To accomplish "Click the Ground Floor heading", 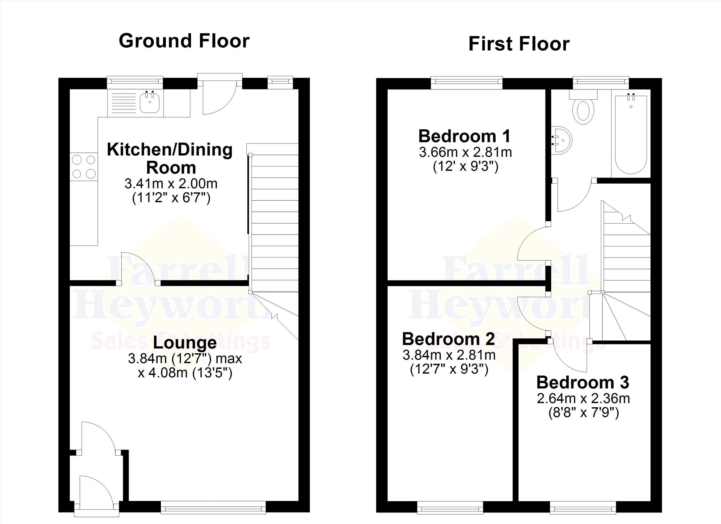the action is (184, 41).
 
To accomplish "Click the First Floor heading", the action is (519, 44).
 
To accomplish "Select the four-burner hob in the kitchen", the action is (84, 166).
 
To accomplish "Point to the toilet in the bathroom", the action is (583, 107).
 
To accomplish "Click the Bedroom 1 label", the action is (465, 136).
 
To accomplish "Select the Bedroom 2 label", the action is (448, 339).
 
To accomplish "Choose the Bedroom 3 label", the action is (583, 382).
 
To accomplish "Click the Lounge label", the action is (185, 343).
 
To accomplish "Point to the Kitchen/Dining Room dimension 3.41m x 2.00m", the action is (171, 184).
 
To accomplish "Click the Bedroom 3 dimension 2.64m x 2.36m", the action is (583, 398).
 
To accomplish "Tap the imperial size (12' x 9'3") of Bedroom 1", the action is (466, 166).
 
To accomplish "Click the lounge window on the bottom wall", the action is (213, 507).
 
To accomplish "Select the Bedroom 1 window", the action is (467, 82).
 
